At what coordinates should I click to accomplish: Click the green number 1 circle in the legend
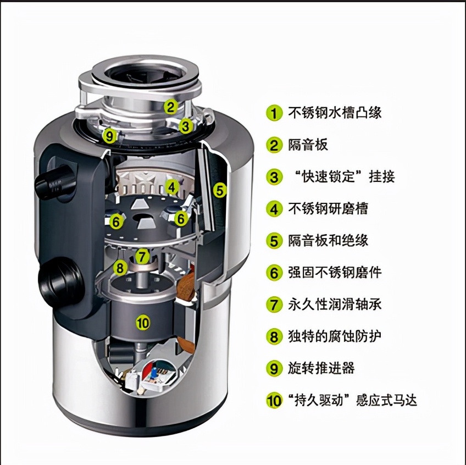coord(274,113)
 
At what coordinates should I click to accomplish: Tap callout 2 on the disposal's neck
coord(171,106)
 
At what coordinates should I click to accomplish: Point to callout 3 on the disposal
coord(186,126)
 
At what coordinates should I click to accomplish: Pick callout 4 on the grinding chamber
coord(172,187)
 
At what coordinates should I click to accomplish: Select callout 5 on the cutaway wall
coord(220,190)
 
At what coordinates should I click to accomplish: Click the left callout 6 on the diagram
coord(116,221)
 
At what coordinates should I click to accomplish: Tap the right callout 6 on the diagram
coord(181,218)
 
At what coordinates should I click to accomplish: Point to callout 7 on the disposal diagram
coord(142,256)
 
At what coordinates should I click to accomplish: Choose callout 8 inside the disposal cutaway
coord(120,268)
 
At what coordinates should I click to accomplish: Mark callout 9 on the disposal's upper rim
coord(109,135)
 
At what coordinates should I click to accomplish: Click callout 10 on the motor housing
coord(142,323)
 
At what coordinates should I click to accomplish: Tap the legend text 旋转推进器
coord(321,368)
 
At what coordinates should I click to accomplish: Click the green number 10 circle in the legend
coord(274,400)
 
